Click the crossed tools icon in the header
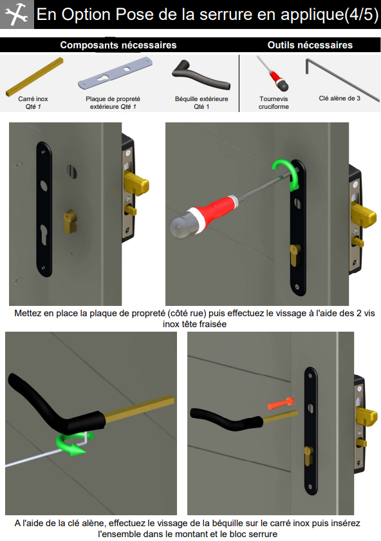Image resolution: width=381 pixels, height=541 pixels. [17, 14]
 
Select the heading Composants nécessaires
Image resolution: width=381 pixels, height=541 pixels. [118, 45]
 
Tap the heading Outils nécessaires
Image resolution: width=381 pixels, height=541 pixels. [310, 45]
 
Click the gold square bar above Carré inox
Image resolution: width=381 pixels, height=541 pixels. [35, 77]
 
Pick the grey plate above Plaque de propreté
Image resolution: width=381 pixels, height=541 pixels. [115, 73]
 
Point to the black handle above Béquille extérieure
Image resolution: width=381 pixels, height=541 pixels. [201, 75]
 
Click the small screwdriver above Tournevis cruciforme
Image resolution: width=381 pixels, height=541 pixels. [274, 73]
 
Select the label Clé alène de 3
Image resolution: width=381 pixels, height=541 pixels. [340, 99]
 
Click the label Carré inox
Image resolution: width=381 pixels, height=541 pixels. [33, 99]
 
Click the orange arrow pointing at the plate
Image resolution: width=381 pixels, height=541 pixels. [281, 403]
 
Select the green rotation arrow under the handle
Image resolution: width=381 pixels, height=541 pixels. [73, 444]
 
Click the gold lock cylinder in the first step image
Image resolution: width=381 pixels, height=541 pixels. [70, 222]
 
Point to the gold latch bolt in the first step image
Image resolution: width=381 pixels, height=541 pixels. [136, 183]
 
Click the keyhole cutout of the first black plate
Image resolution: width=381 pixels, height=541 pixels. [44, 234]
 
